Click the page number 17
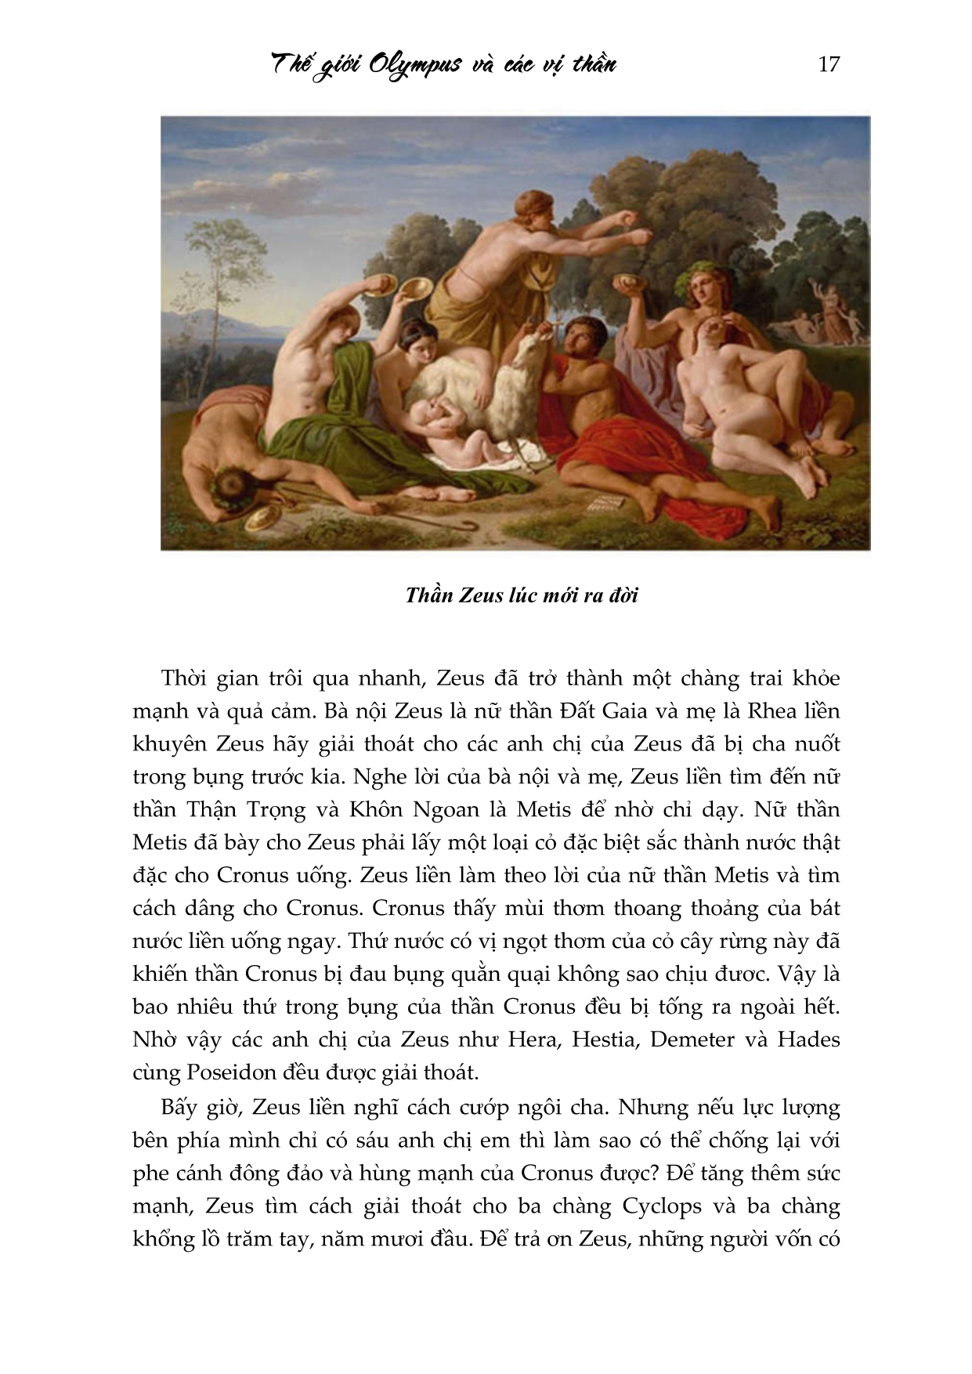(x=828, y=64)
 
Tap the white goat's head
(x=526, y=349)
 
